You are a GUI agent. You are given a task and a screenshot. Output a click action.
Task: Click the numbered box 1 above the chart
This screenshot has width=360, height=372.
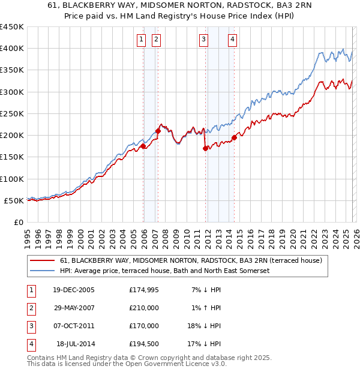(141, 40)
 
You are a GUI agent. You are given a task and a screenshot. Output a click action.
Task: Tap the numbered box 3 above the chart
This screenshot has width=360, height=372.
(203, 40)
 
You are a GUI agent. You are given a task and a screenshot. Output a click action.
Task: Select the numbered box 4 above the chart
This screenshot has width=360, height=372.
(232, 40)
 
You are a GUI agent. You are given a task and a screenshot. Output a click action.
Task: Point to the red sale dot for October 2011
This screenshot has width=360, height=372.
(205, 148)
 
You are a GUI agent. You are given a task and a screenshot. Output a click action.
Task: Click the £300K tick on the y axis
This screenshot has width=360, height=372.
(12, 92)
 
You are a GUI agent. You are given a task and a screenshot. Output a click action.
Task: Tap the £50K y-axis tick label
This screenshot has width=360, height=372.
(14, 200)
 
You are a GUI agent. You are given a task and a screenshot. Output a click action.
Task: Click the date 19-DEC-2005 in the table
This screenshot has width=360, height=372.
(73, 290)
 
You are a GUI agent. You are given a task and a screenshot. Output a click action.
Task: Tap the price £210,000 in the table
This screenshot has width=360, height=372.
(144, 308)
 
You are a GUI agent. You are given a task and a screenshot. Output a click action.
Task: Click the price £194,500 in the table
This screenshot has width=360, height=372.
(144, 344)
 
